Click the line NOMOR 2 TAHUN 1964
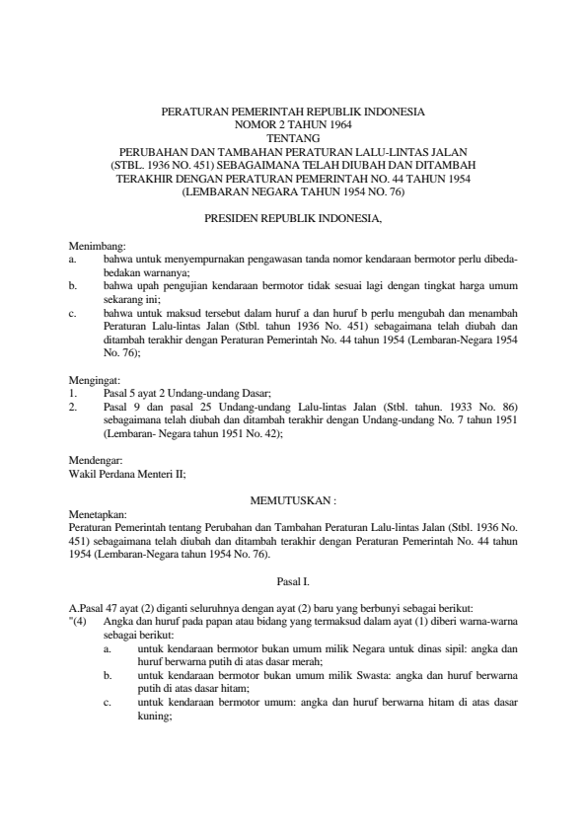(293, 126)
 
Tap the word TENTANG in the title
(293, 139)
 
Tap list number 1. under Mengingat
(73, 391)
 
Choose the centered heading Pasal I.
(293, 583)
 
